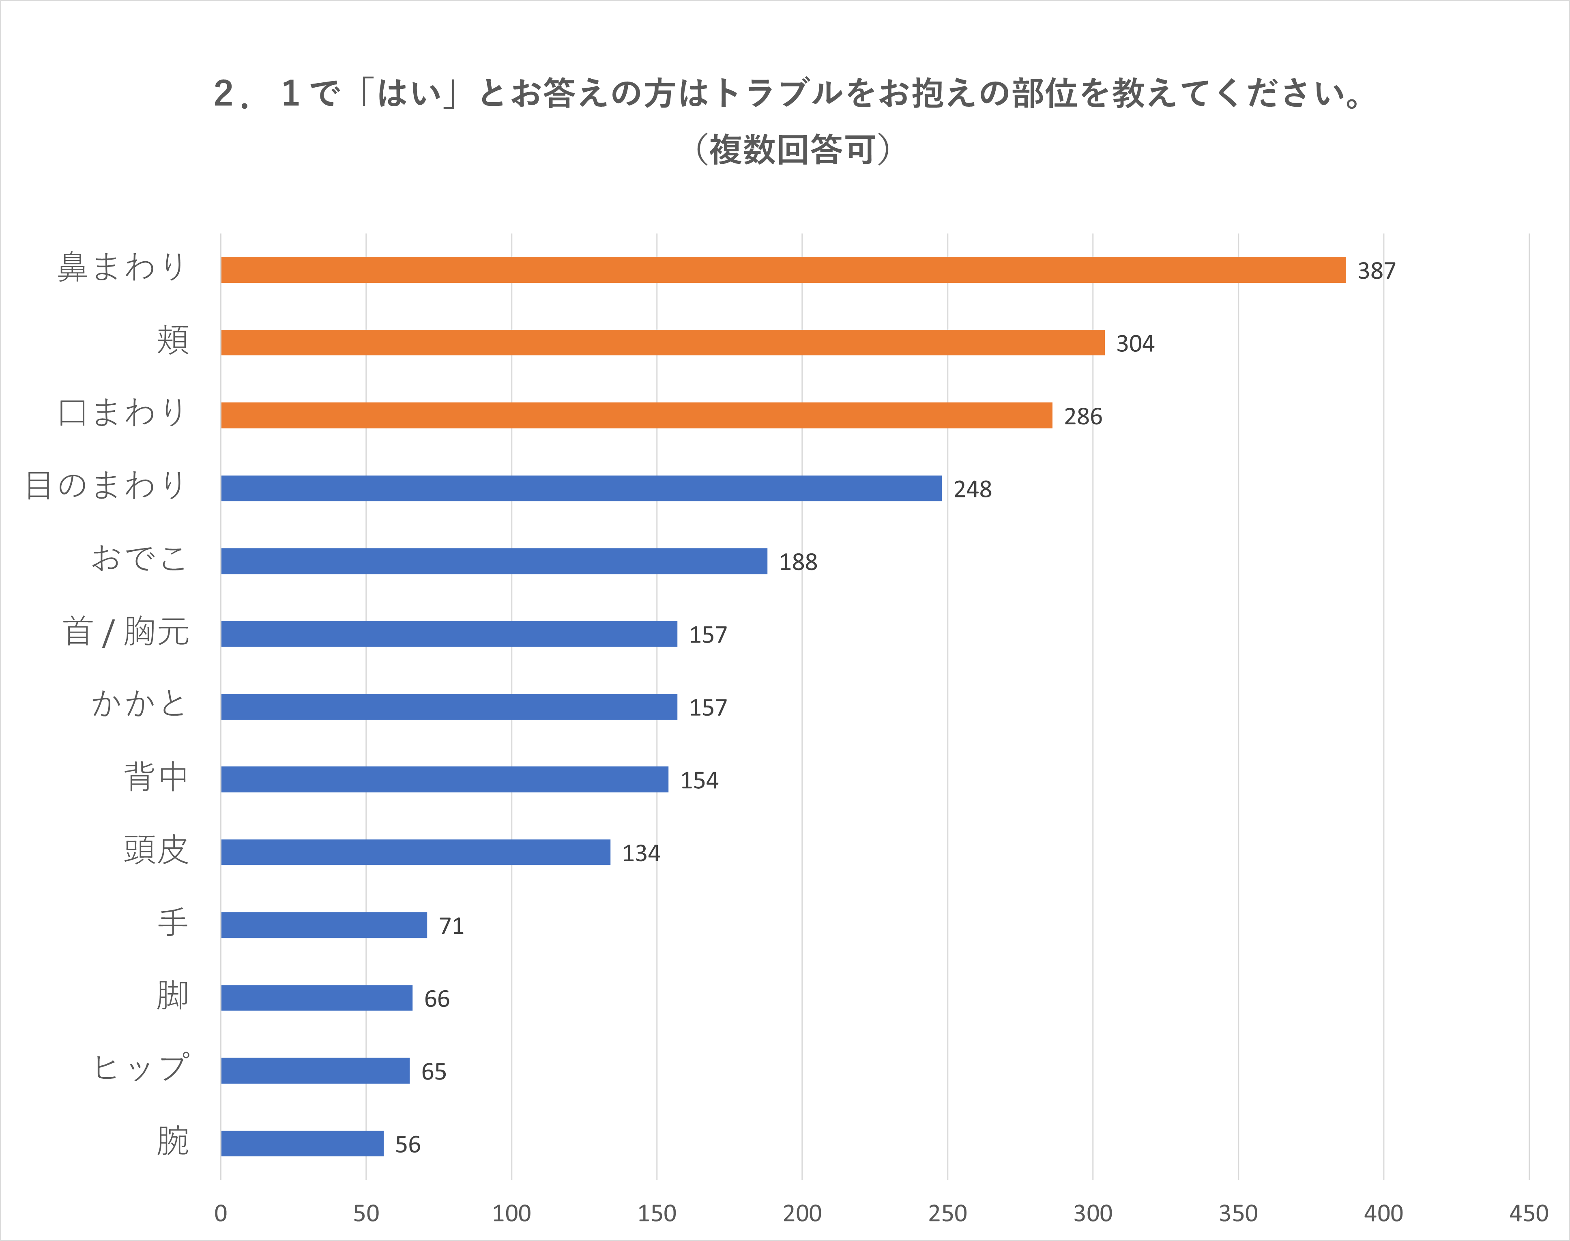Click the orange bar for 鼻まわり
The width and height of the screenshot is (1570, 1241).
783,269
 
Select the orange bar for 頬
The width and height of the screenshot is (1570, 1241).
662,342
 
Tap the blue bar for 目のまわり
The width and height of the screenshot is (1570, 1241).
581,488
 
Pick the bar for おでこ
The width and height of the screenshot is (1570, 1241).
494,561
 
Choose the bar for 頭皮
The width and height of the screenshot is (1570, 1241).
415,852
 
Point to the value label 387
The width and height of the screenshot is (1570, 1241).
1376,271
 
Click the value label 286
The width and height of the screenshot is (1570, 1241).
1083,416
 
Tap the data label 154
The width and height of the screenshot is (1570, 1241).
698,781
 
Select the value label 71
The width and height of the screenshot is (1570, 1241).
451,926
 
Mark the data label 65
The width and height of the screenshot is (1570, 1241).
434,1072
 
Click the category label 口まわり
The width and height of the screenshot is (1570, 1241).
122,413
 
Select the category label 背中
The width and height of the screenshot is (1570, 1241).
156,777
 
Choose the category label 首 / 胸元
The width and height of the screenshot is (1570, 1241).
126,631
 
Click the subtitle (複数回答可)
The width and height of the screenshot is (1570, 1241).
792,150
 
